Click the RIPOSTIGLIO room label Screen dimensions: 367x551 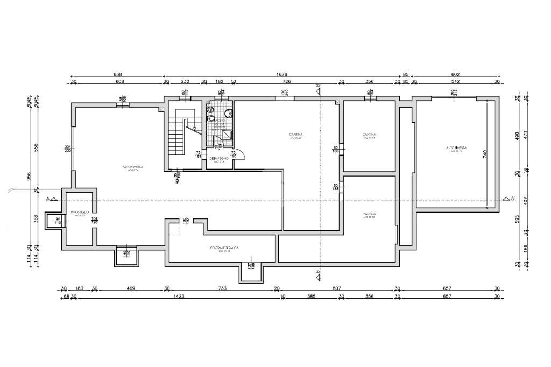point(79,214)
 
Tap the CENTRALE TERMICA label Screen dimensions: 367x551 point(224,248)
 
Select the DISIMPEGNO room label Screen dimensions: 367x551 point(219,159)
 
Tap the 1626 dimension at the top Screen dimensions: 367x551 point(281,74)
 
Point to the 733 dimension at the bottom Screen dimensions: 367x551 point(222,288)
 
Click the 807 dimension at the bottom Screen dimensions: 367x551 point(337,288)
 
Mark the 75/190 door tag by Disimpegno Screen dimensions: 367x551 point(234,154)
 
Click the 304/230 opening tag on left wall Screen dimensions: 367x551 point(68,149)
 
